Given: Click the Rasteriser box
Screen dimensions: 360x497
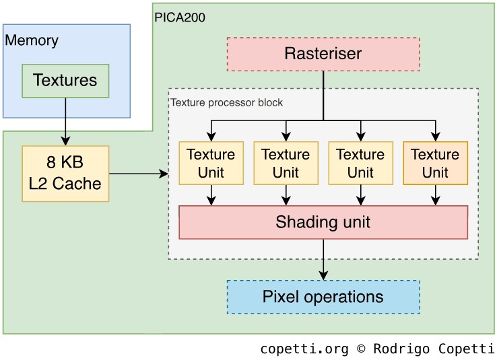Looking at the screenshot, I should [x=323, y=54].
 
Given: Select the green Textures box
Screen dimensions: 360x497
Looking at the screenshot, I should [x=65, y=81].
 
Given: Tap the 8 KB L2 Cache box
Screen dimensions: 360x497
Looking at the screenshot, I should [x=65, y=174].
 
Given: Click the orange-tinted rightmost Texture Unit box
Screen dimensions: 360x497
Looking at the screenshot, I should [x=435, y=163].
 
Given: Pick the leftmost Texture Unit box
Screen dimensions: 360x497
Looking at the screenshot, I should [x=211, y=163].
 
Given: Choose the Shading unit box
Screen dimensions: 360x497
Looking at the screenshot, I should [x=323, y=222].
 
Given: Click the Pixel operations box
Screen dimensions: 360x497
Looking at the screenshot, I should [x=323, y=297].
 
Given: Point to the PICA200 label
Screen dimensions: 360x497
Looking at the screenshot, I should [x=180, y=17].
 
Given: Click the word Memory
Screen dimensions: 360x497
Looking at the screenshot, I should [x=32, y=40].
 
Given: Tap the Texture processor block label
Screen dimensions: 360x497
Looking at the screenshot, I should [x=227, y=103].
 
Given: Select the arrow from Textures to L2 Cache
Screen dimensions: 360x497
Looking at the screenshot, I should [x=65, y=121].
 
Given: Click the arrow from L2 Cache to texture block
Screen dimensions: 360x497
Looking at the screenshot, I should [x=138, y=174].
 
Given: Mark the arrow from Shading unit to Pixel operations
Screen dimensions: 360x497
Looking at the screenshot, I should [x=323, y=259].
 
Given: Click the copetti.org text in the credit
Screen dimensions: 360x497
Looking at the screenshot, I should [x=304, y=349].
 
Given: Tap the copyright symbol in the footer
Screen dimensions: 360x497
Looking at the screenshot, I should [x=361, y=349].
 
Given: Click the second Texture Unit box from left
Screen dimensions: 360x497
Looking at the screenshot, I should [x=286, y=163].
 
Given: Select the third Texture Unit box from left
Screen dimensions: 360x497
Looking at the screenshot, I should [x=360, y=163].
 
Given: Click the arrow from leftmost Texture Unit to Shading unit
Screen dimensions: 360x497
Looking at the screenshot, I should [x=211, y=194].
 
